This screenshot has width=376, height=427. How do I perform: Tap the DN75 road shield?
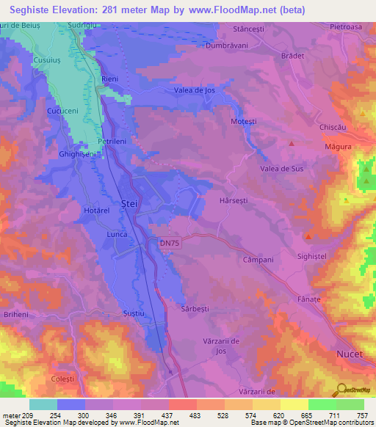coord(168,241)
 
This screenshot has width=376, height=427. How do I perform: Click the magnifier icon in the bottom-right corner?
coord(340,388)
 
